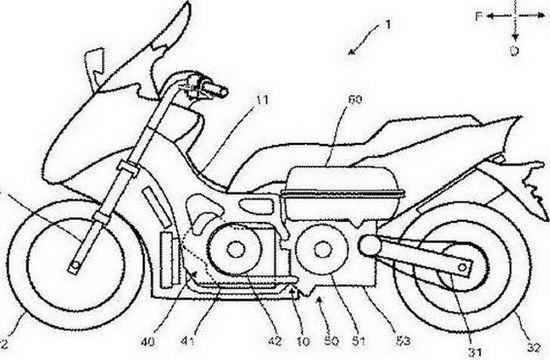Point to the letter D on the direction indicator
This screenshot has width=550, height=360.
click(x=512, y=48)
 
